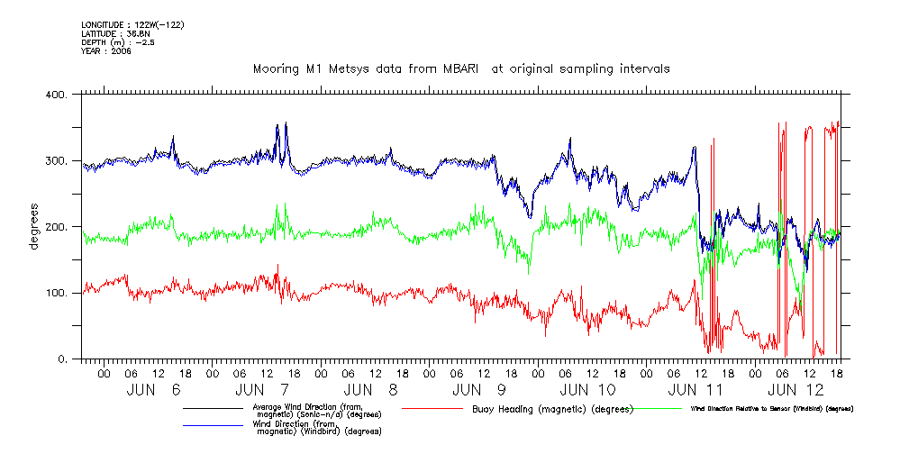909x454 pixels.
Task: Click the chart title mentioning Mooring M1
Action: tap(461, 68)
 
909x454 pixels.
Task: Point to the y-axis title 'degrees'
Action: tap(34, 226)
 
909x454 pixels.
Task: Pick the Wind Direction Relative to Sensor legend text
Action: tap(772, 409)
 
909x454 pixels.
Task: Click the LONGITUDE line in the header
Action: tap(132, 24)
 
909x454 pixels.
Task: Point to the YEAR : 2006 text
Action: tap(106, 51)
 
